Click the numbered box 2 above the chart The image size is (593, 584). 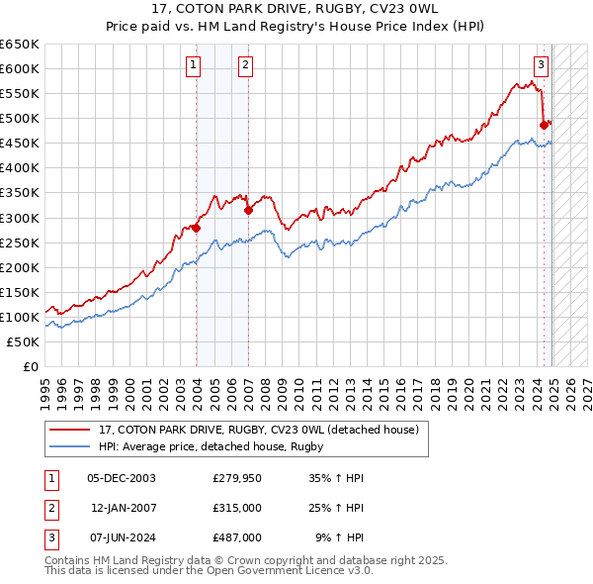[244, 66]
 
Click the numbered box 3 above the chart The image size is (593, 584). [542, 66]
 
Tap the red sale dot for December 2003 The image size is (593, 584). [196, 228]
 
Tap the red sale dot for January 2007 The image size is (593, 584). [248, 210]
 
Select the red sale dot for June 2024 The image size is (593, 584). [544, 125]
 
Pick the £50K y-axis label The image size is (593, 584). [24, 341]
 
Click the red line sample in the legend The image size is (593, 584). [71, 430]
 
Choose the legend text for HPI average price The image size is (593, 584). [212, 447]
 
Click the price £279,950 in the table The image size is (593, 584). [237, 477]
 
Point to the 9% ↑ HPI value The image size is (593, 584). [339, 537]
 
